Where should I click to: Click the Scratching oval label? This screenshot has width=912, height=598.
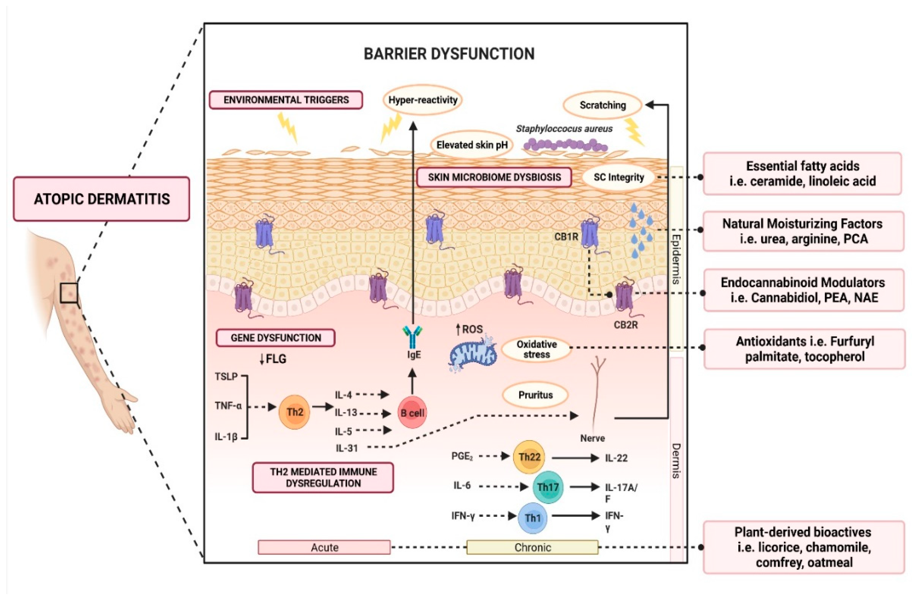pos(603,105)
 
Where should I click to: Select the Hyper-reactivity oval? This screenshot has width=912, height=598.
pos(423,100)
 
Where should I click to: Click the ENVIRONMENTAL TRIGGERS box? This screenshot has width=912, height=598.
pos(286,100)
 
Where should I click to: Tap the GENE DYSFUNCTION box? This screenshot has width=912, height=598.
pos(275,338)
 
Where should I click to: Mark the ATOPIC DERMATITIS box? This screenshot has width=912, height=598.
pos(102,199)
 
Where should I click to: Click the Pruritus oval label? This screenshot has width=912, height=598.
pos(535,395)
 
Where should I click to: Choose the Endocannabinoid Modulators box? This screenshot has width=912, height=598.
pos(803,290)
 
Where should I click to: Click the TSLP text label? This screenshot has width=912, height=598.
pos(226,377)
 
